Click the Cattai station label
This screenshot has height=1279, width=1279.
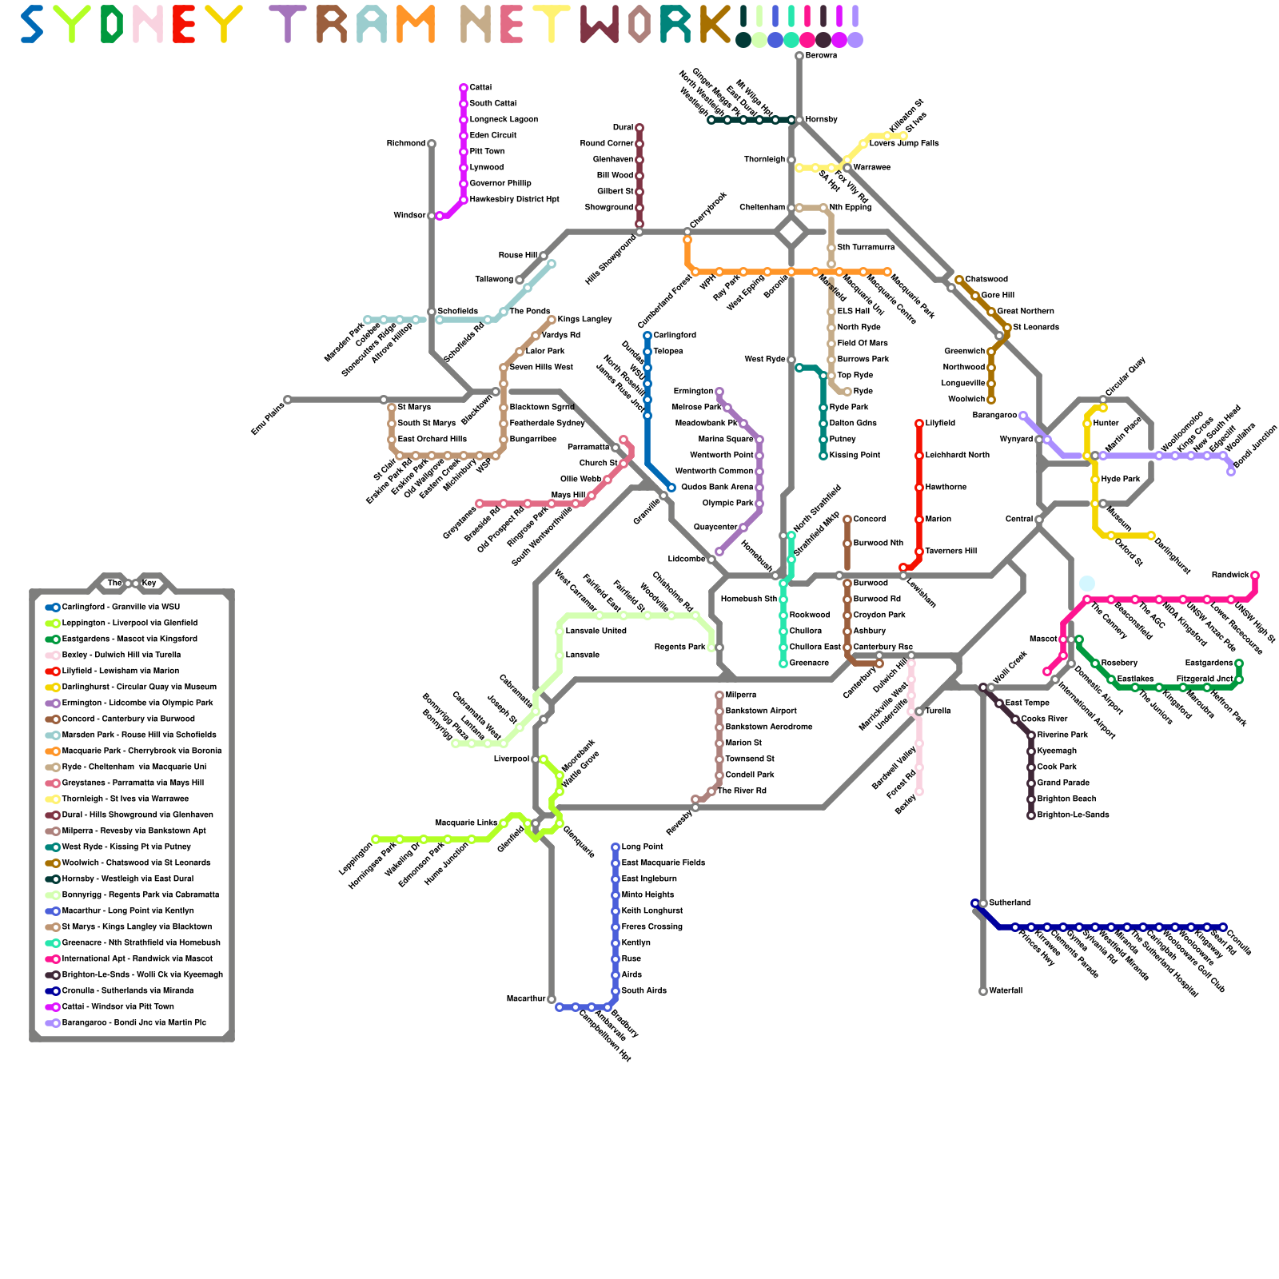pyautogui.click(x=480, y=88)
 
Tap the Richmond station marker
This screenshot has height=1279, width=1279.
pyautogui.click(x=432, y=144)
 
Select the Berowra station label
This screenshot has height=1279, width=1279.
pyautogui.click(x=821, y=56)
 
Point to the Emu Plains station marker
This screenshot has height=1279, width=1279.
pyautogui.click(x=288, y=400)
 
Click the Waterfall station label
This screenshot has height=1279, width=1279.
pyautogui.click(x=1006, y=991)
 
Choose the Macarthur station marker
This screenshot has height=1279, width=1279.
pyautogui.click(x=552, y=999)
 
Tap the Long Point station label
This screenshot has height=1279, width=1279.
pyautogui.click(x=643, y=847)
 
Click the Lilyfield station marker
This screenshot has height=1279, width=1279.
pyautogui.click(x=919, y=424)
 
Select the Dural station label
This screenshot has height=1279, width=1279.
pyautogui.click(x=624, y=128)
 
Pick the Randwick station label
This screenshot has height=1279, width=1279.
pyautogui.click(x=1229, y=576)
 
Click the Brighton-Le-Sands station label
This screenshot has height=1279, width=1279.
pyautogui.click(x=1073, y=815)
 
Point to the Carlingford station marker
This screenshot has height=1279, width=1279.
pyautogui.click(x=647, y=336)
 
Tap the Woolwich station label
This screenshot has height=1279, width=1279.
pyautogui.click(x=966, y=400)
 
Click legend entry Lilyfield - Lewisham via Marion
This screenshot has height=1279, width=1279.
pyautogui.click(x=120, y=671)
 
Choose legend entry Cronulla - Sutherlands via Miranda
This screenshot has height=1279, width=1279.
pyautogui.click(x=127, y=991)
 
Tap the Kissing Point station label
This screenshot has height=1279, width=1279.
pyautogui.click(x=855, y=456)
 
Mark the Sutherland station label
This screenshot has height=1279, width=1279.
pyautogui.click(x=1010, y=903)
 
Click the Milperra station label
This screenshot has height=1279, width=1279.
pyautogui.click(x=740, y=695)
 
